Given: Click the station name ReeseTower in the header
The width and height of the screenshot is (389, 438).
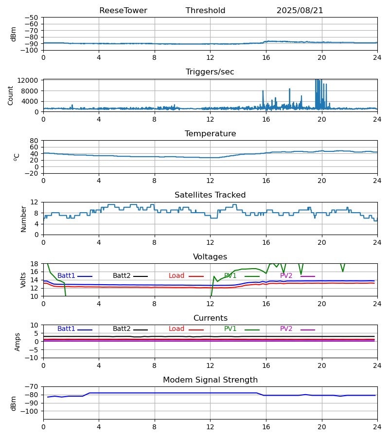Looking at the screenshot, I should (x=123, y=11).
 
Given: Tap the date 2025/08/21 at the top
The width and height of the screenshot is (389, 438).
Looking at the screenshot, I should (x=300, y=11).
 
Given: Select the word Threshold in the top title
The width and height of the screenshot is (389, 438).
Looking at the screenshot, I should (x=205, y=11).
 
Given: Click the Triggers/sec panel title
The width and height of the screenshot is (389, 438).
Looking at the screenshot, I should (x=210, y=72).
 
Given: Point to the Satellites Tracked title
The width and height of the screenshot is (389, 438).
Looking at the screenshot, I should (x=210, y=195).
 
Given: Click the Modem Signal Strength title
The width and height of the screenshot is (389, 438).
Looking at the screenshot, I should (x=210, y=380).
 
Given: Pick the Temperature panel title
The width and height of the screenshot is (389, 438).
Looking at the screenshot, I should (x=210, y=134).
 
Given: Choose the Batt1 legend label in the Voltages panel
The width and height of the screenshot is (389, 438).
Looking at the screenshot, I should (x=66, y=276).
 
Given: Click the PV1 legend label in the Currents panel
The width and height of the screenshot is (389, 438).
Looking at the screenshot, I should (x=230, y=329).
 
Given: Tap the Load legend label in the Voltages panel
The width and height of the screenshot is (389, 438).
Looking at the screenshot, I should (x=177, y=276).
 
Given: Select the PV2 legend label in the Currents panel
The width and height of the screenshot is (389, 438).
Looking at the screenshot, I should (x=286, y=329).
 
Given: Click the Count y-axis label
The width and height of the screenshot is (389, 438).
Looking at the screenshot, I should (x=11, y=95).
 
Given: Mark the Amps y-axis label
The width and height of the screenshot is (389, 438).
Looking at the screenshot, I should (x=18, y=342).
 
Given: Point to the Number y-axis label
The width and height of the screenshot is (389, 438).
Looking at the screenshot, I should (x=23, y=219).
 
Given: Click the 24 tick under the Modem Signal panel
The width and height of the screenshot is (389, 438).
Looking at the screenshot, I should (x=377, y=426).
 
